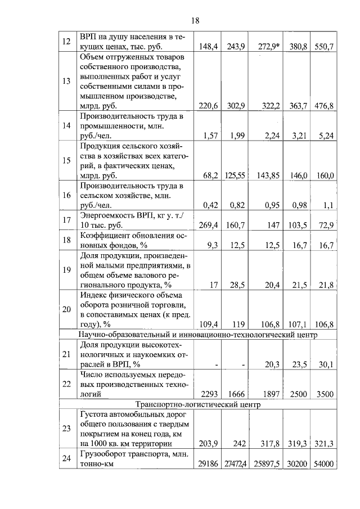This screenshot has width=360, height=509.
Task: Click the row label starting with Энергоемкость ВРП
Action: [135, 220]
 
